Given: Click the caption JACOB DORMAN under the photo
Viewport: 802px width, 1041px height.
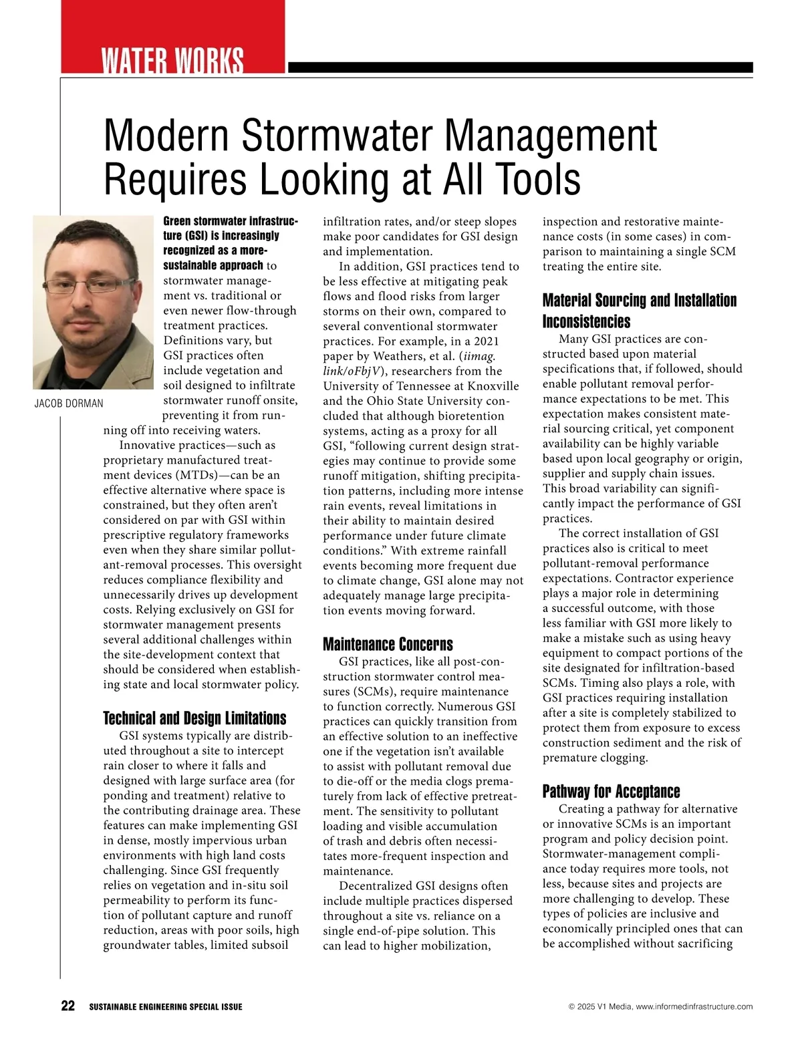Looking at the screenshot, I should point(69,404).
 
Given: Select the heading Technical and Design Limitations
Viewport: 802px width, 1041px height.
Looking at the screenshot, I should point(194,718).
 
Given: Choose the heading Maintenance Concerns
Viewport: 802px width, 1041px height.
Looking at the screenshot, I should point(388,644).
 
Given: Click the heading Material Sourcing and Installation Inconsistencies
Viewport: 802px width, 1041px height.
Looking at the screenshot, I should point(639,311).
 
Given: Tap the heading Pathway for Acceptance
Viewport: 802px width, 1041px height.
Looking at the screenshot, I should point(611,792).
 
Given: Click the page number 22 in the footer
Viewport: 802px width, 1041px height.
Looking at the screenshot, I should point(68,1006).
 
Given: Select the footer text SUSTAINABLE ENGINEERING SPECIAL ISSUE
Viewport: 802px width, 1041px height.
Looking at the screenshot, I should point(166,1007).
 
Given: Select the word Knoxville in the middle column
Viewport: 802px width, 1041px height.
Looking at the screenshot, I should point(493,386).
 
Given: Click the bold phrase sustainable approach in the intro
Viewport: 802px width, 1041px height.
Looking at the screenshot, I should point(213,265).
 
